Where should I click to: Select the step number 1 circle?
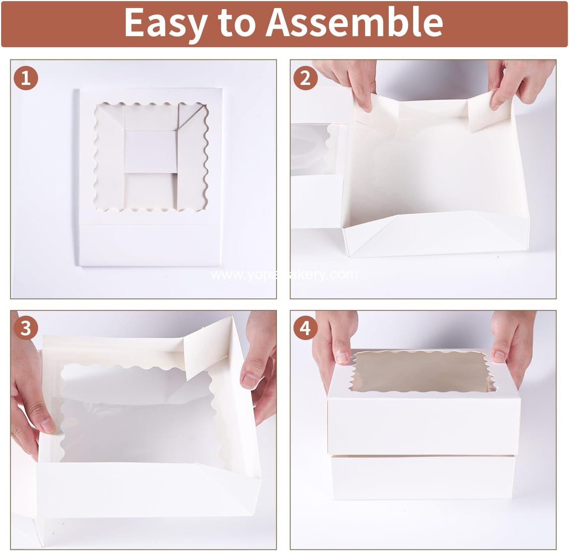pos(26,78)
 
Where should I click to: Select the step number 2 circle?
pos(305,78)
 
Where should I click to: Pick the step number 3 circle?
pos(26,328)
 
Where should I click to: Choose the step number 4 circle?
pos(305,328)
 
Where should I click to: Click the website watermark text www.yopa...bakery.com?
pos(284,275)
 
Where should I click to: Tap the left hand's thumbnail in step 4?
pos(342,357)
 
